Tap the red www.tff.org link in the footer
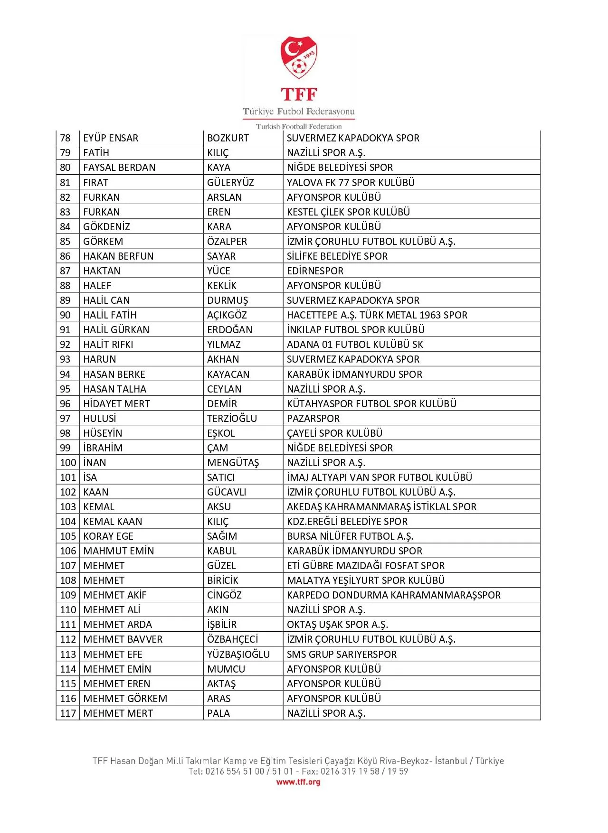point(298,782)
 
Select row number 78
point(66,138)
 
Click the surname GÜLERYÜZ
point(230,183)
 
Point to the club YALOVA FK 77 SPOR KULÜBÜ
point(351,183)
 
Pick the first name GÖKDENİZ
point(106,227)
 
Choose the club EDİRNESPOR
point(315,271)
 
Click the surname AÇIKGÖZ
point(227,315)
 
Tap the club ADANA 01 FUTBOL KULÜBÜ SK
point(354,345)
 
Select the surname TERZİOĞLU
point(232,419)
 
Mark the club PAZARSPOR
point(313,419)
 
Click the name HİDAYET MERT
point(116,404)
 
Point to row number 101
point(68,477)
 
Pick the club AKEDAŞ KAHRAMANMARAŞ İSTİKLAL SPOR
point(381,507)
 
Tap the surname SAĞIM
point(222,536)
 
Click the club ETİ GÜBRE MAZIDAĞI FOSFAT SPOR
point(365,566)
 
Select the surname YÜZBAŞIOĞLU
point(238,655)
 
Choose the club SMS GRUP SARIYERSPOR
point(342,655)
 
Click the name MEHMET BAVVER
point(123,639)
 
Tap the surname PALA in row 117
point(218,713)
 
